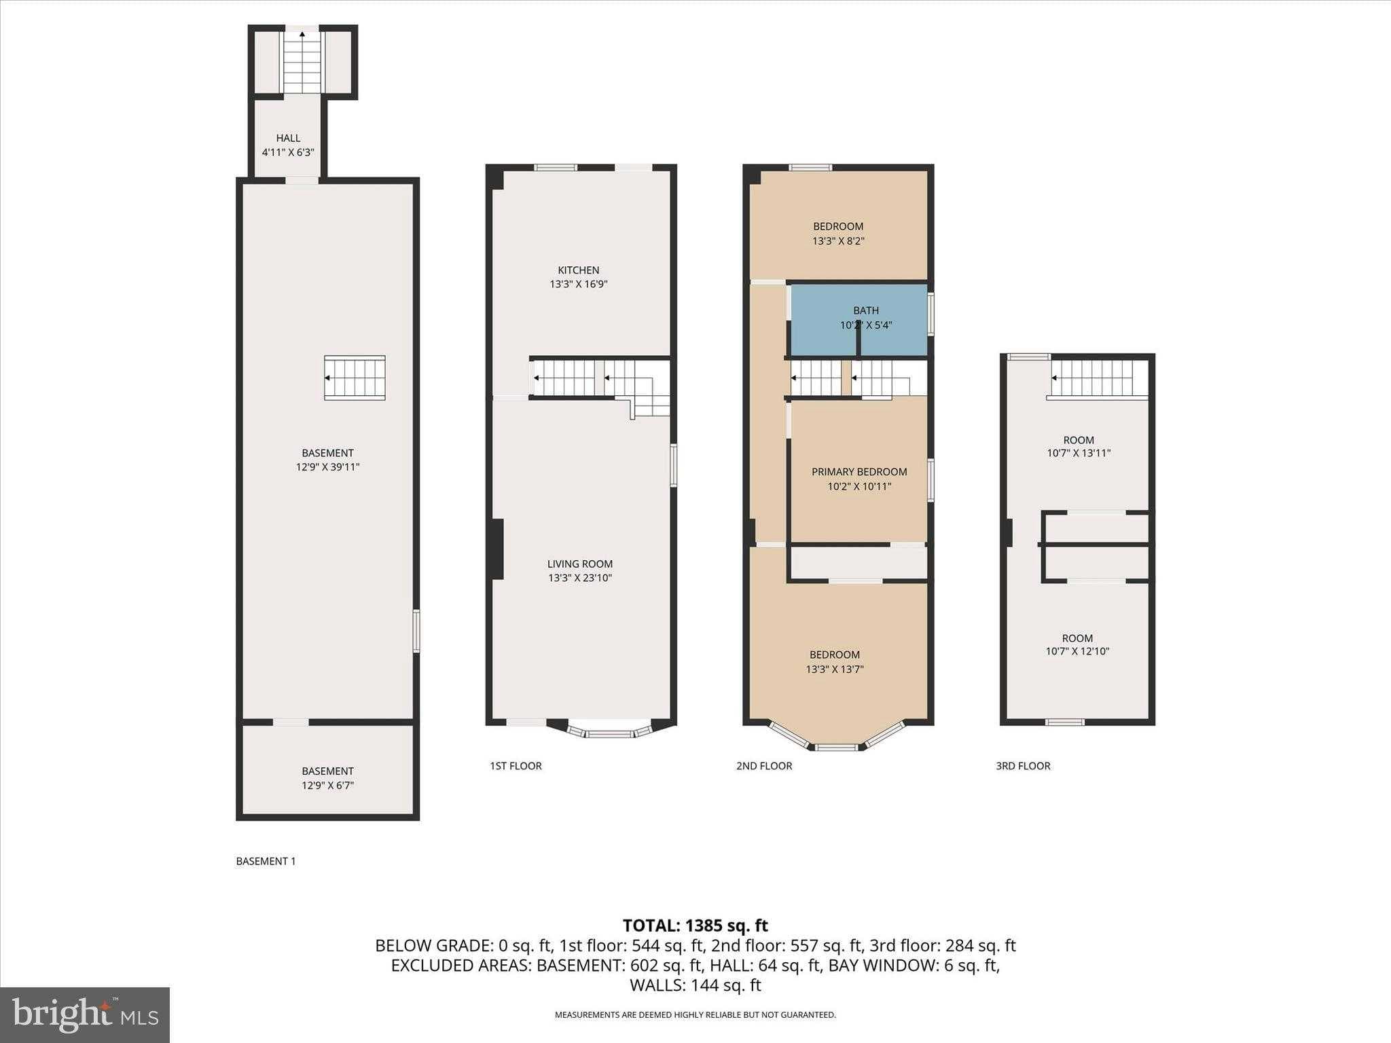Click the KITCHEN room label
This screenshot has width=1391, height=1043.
coord(579,270)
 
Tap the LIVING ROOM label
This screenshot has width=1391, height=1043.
coord(580,564)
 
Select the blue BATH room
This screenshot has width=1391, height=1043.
coord(860,320)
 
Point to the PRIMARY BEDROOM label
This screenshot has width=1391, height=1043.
coord(859,472)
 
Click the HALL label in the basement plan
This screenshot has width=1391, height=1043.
coord(288,139)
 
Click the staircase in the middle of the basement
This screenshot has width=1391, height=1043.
coord(355,378)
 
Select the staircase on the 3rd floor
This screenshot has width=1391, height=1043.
coord(1097,378)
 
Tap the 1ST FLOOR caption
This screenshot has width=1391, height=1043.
coord(516,766)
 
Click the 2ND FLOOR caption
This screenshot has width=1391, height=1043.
coord(764,766)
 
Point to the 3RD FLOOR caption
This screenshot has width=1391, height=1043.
coord(1023,766)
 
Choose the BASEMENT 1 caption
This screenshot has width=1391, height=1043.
coord(266,861)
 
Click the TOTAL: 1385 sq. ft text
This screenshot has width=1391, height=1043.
coord(695,926)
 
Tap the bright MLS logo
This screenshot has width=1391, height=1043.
coord(85,1014)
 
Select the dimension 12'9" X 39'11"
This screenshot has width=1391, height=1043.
coord(327,467)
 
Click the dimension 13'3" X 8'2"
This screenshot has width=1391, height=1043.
coord(838,241)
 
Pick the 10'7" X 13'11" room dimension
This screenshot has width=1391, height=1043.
coord(1079,454)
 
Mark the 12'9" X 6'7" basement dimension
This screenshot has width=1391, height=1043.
coord(327,786)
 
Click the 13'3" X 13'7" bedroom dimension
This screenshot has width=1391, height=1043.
coord(835,670)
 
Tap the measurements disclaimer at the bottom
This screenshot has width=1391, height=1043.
coord(695,1015)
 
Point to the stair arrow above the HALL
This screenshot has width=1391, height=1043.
coord(302,33)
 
